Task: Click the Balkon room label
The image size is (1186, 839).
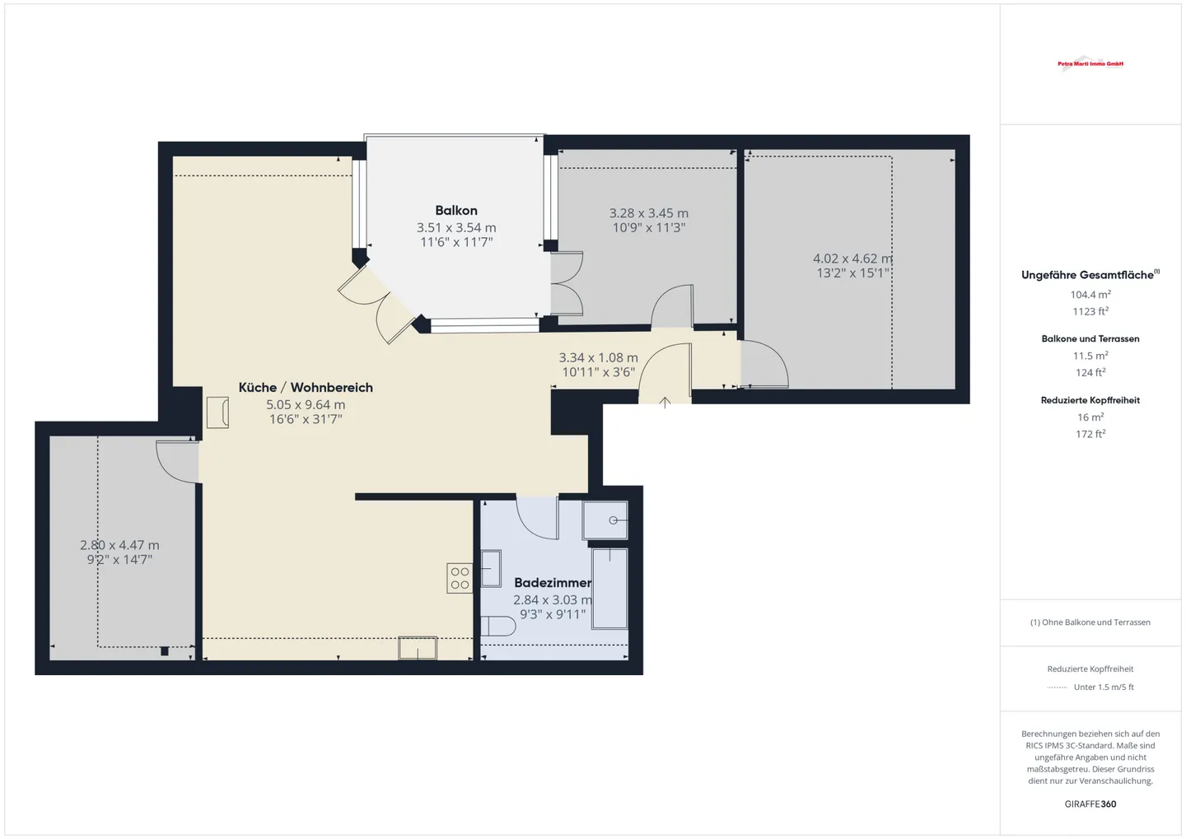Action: (456, 211)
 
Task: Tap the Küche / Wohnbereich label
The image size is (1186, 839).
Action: (306, 388)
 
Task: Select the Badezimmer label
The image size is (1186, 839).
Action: (552, 583)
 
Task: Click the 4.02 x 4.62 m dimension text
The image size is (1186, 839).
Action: (852, 259)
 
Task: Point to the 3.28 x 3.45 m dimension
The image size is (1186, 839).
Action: (648, 213)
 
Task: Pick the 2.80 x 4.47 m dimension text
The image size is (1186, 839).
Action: (119, 545)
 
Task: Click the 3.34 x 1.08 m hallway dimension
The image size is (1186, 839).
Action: (598, 358)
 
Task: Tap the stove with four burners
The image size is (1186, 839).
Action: (460, 578)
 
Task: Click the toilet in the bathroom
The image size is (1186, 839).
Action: (497, 627)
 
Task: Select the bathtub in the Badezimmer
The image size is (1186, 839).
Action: (609, 588)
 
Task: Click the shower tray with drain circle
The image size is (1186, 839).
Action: (605, 520)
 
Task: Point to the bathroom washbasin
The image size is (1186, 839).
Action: (491, 568)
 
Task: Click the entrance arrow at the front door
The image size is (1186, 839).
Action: (665, 403)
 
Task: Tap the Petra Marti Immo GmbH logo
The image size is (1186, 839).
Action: (1090, 63)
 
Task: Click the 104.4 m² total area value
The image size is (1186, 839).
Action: (1090, 295)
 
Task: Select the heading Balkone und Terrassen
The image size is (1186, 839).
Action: (1090, 338)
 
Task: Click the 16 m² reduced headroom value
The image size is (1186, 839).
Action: (1090, 417)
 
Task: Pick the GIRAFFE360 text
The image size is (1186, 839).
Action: (1090, 804)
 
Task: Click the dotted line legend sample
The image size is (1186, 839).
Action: (1057, 688)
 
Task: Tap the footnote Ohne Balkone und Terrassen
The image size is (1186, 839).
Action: (1090, 622)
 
